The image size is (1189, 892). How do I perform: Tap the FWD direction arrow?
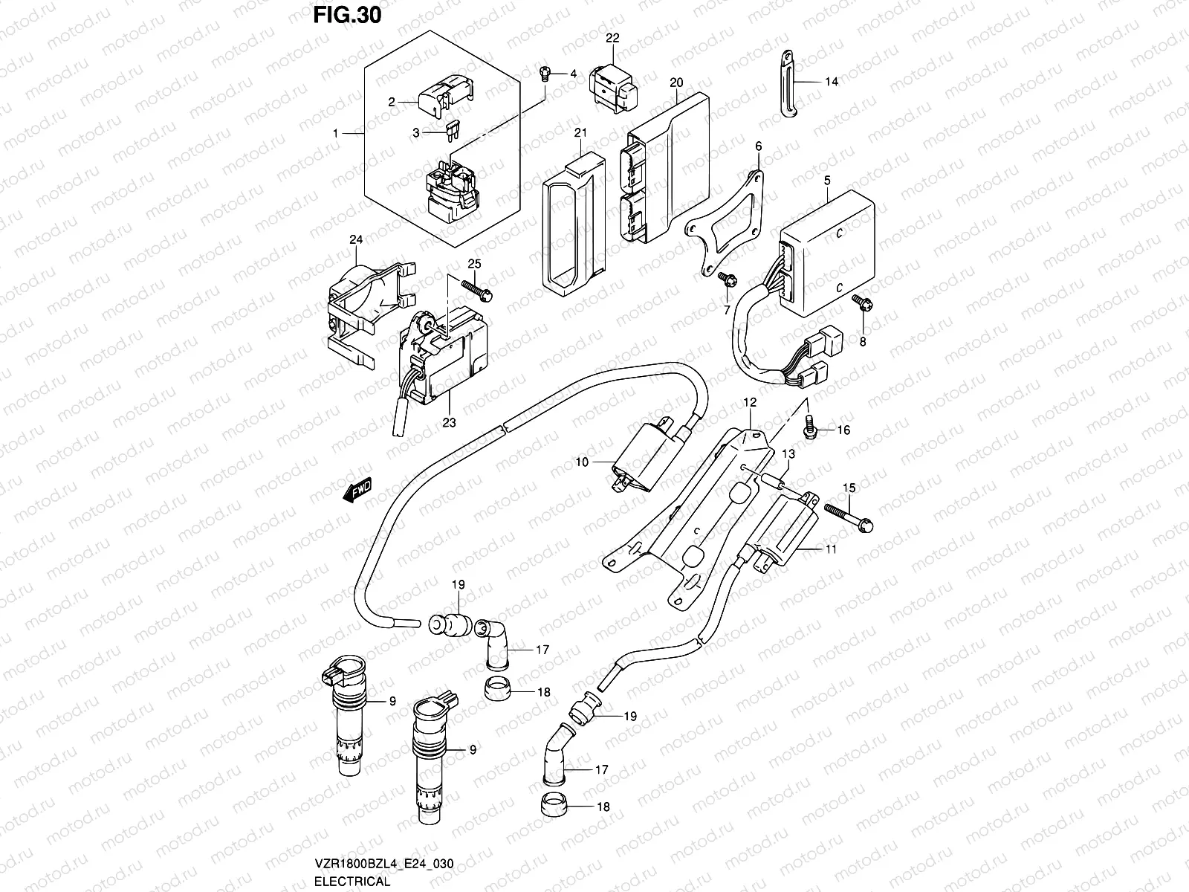(357, 491)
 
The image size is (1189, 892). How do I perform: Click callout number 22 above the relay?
(612, 38)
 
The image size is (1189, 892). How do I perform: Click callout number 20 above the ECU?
(676, 83)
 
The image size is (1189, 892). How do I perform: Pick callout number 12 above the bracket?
(750, 402)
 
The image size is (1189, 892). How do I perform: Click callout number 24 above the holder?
(356, 239)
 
